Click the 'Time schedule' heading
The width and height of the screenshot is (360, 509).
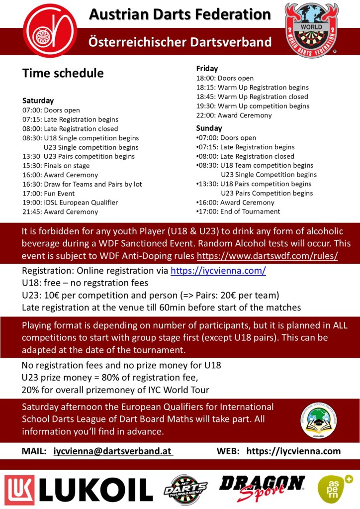tap(63, 73)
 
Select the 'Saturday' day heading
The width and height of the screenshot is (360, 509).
tap(38, 101)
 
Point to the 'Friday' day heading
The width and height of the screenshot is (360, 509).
tap(207, 69)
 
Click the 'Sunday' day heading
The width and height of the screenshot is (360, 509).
tap(209, 128)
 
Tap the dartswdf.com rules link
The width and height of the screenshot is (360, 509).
tap(268, 256)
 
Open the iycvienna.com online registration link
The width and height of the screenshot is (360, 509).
tap(218, 271)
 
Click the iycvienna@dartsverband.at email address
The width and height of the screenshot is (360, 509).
tap(113, 451)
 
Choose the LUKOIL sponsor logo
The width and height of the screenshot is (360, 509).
tap(79, 489)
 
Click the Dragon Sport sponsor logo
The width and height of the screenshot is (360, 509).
tap(262, 488)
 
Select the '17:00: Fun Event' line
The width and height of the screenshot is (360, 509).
tap(48, 194)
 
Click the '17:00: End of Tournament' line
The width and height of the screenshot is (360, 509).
tap(238, 211)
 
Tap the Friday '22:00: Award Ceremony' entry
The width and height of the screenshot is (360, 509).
tap(234, 115)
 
